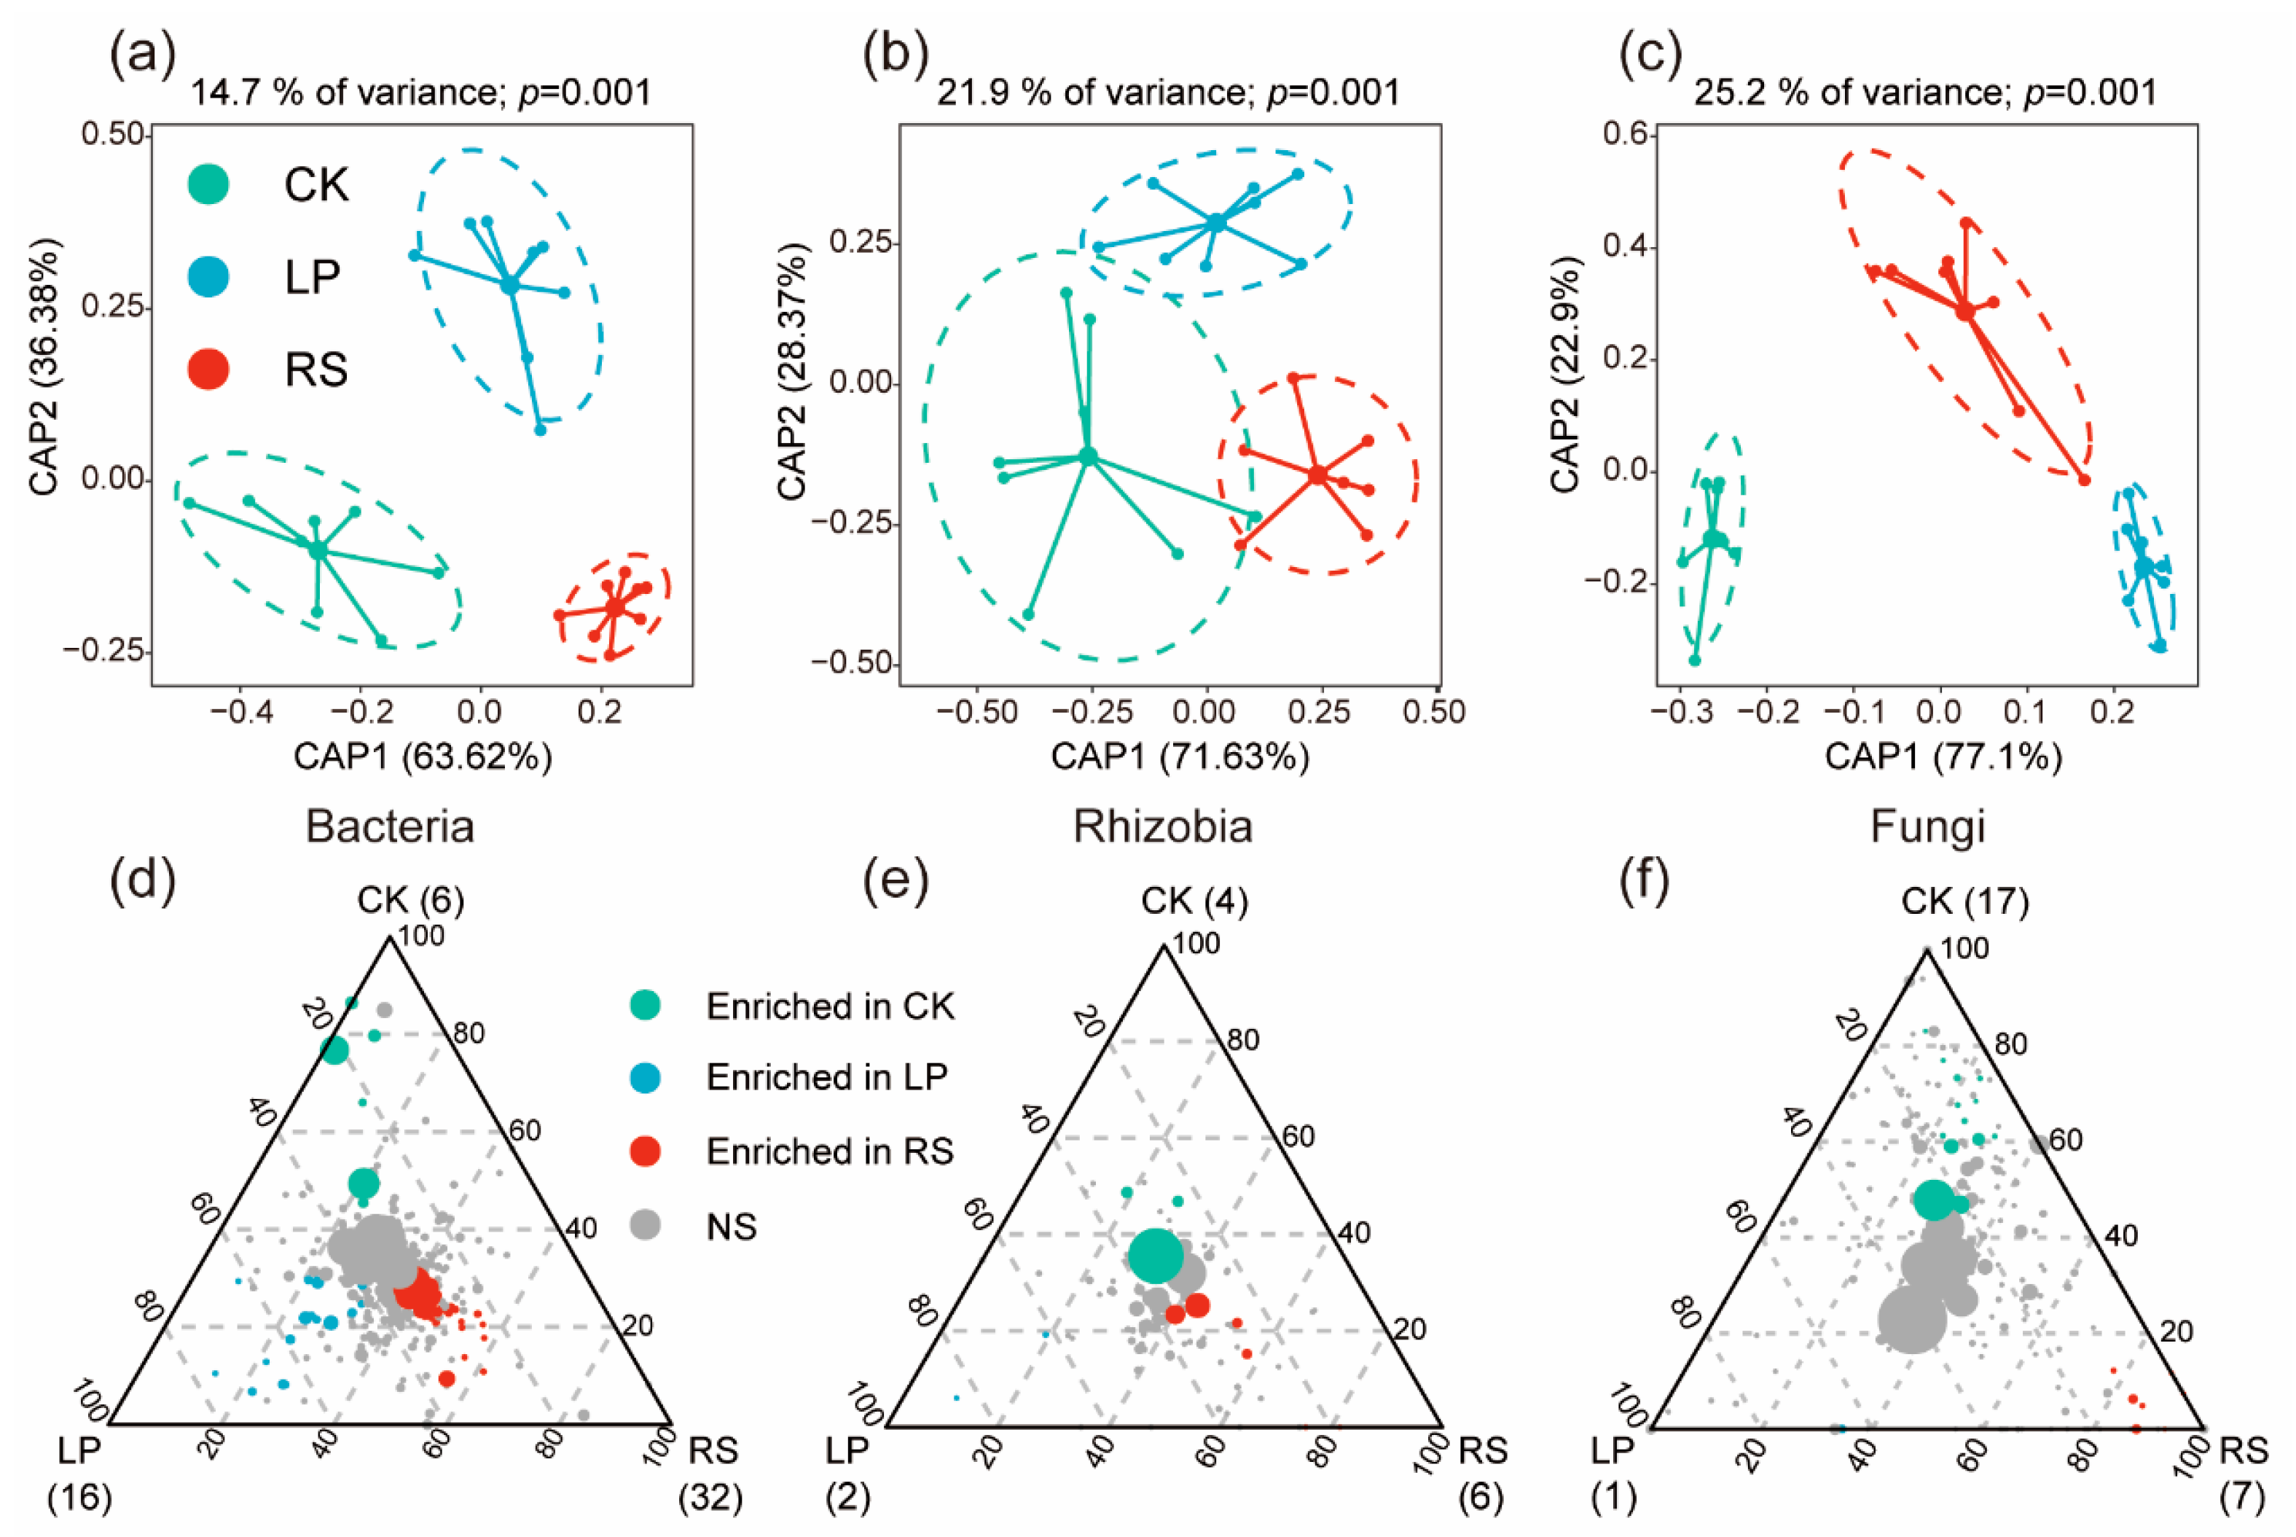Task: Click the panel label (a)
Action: (x=142, y=57)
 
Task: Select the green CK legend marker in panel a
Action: (x=208, y=184)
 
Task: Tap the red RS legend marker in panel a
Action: (x=208, y=369)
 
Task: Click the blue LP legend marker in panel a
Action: (x=208, y=276)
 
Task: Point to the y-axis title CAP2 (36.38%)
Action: (x=44, y=366)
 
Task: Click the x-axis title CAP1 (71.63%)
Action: (x=1180, y=756)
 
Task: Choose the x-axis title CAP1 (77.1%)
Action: (x=1943, y=756)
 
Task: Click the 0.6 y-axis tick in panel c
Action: (x=1625, y=134)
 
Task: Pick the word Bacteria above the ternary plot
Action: (x=390, y=826)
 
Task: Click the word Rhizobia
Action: (x=1163, y=826)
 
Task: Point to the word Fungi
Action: (x=1927, y=826)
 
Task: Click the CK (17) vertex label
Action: (x=1964, y=901)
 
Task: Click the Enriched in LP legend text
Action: (x=827, y=1077)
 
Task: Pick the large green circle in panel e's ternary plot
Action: (x=1156, y=1256)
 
